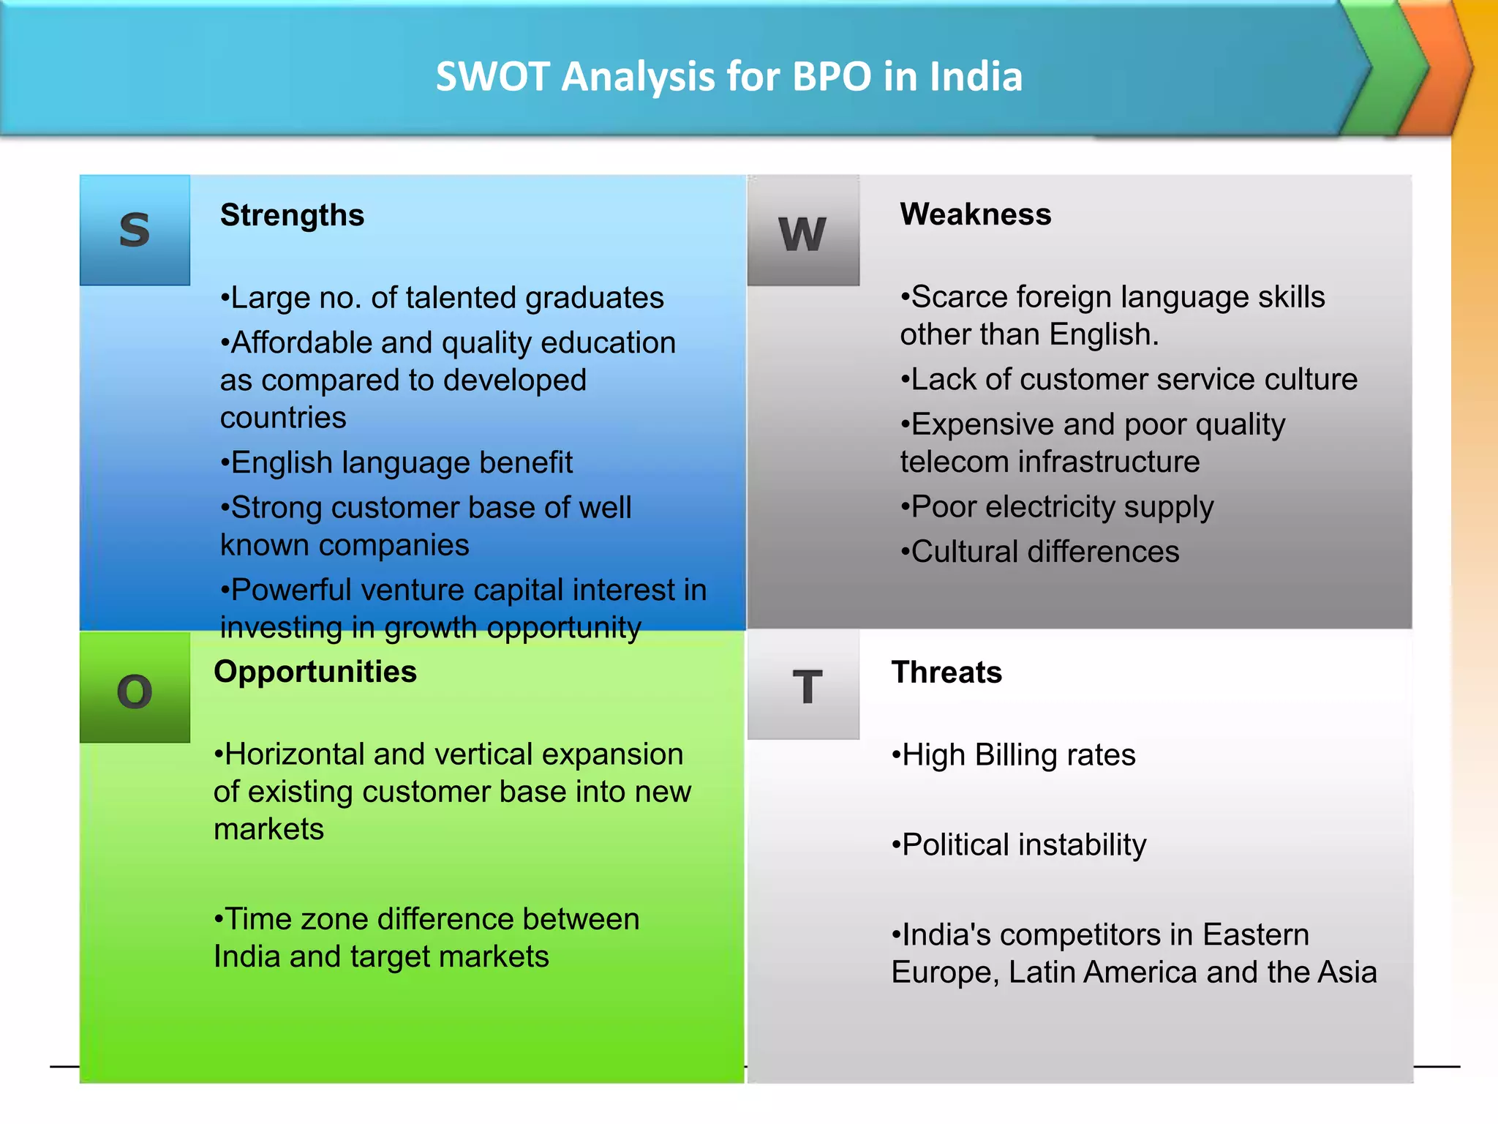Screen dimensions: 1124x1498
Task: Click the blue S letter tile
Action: [x=135, y=230]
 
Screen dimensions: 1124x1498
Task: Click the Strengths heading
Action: [x=292, y=215]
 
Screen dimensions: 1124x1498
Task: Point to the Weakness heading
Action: [x=975, y=214]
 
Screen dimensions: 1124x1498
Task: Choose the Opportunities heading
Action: [x=315, y=672]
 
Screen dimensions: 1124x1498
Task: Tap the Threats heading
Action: [x=946, y=672]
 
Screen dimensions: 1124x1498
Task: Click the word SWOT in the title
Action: [x=492, y=77]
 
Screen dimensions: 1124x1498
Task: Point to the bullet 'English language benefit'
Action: [x=397, y=462]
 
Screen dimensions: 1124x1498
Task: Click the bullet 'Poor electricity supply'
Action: [x=1057, y=507]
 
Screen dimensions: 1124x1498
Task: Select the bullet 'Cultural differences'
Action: [x=1039, y=552]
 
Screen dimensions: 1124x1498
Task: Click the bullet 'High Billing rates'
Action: [x=1014, y=754]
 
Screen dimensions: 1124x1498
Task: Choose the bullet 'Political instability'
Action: [x=1019, y=844]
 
